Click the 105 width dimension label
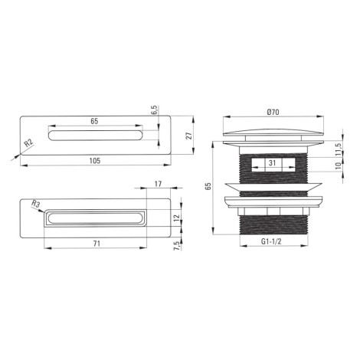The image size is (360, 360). (x=95, y=161)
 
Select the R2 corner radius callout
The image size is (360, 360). (x=29, y=143)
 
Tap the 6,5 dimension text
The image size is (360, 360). (x=155, y=110)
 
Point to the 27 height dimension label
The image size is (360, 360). (x=189, y=136)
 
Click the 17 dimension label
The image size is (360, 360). (x=159, y=184)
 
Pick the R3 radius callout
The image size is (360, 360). (x=36, y=204)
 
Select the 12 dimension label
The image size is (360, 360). (x=177, y=218)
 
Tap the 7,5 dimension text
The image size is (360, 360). (x=177, y=246)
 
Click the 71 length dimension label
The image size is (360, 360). (x=97, y=244)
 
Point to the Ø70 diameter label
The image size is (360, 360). (x=273, y=112)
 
